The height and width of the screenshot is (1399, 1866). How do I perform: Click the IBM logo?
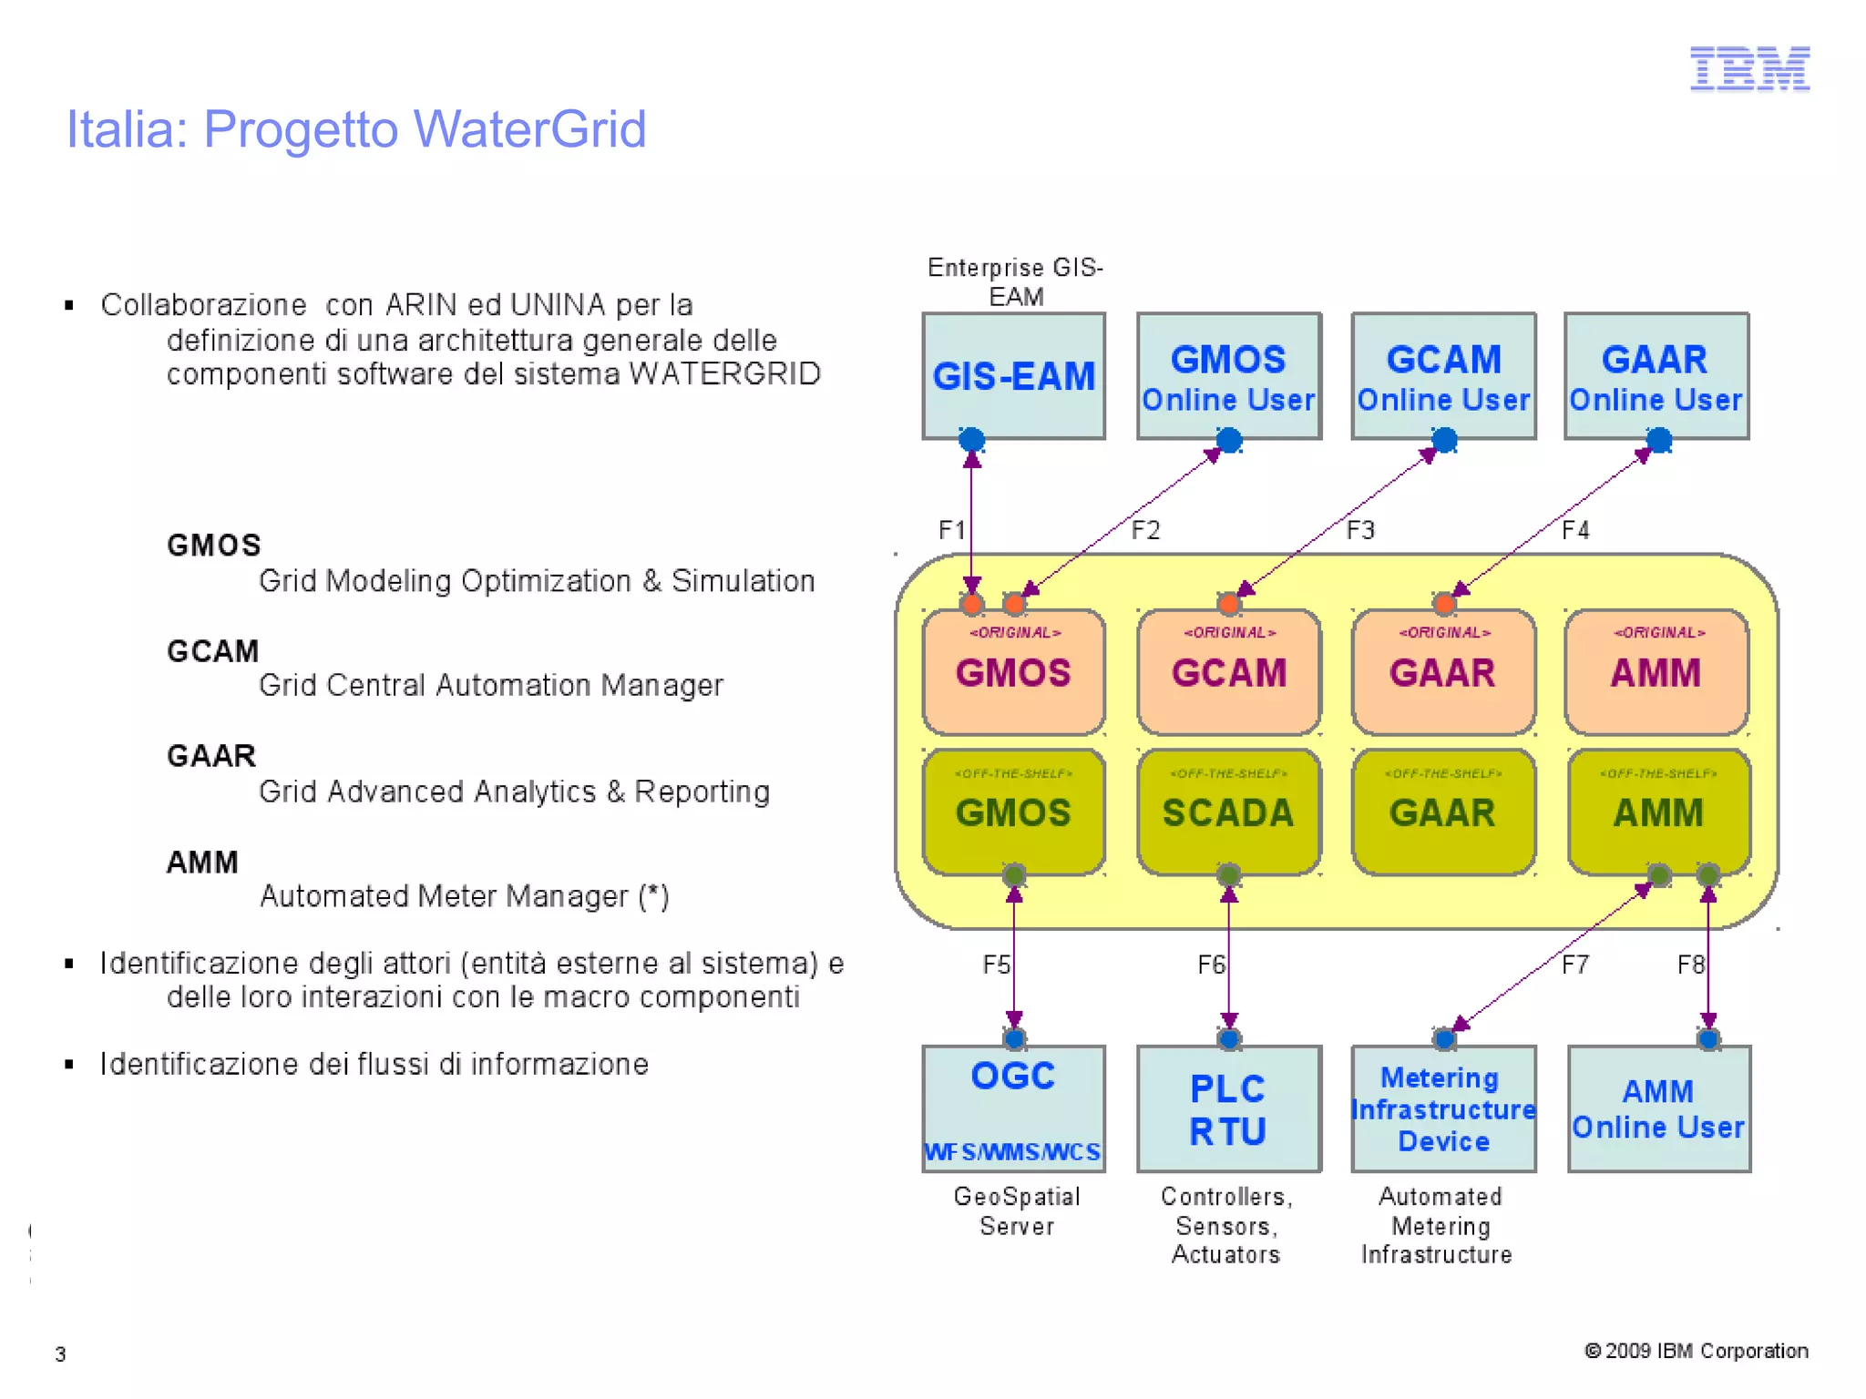(x=1748, y=68)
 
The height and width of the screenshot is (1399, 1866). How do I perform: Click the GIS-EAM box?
(x=1013, y=375)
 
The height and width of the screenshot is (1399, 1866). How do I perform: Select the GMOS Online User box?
(x=1228, y=375)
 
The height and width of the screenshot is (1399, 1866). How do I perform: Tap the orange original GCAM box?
(x=1228, y=671)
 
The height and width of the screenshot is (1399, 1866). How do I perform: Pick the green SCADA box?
(x=1228, y=812)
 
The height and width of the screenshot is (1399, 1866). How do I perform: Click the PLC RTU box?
(x=1228, y=1108)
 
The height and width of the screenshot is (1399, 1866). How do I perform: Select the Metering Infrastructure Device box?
(x=1443, y=1108)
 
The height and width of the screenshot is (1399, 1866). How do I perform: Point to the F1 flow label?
(x=951, y=530)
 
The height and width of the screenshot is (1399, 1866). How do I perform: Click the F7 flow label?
(x=1575, y=965)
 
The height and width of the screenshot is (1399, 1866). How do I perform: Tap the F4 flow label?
(x=1575, y=530)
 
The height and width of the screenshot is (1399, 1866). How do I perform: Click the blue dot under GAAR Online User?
(x=1659, y=441)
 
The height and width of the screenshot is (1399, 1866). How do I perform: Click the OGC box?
(x=1013, y=1108)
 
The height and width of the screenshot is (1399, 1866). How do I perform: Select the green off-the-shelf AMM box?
(x=1658, y=812)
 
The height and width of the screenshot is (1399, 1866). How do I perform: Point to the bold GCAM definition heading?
(x=212, y=650)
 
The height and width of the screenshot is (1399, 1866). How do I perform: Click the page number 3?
(x=60, y=1354)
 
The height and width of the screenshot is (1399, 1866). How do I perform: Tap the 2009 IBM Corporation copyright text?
(x=1697, y=1351)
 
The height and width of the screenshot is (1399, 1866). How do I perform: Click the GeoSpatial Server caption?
(x=1017, y=1210)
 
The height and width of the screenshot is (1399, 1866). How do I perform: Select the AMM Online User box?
(x=1658, y=1108)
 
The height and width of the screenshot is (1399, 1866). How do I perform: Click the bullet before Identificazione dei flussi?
(x=69, y=1064)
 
